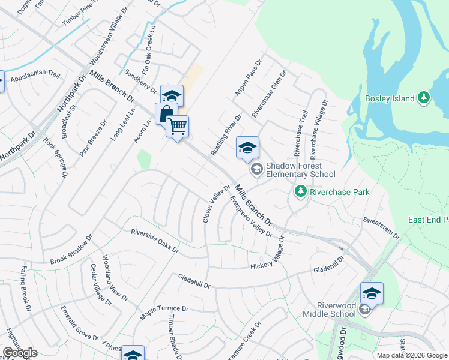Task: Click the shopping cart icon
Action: coord(177,127)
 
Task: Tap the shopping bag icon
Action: coord(166,113)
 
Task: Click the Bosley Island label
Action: coord(390,98)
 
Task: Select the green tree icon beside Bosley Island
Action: coord(424,97)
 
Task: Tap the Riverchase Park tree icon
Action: coord(300,192)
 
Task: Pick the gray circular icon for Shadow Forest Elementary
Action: coord(256,169)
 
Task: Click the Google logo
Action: coord(19,353)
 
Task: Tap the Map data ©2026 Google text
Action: coord(411,355)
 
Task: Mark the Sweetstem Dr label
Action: coord(381,229)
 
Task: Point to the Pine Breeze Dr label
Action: coord(93,138)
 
